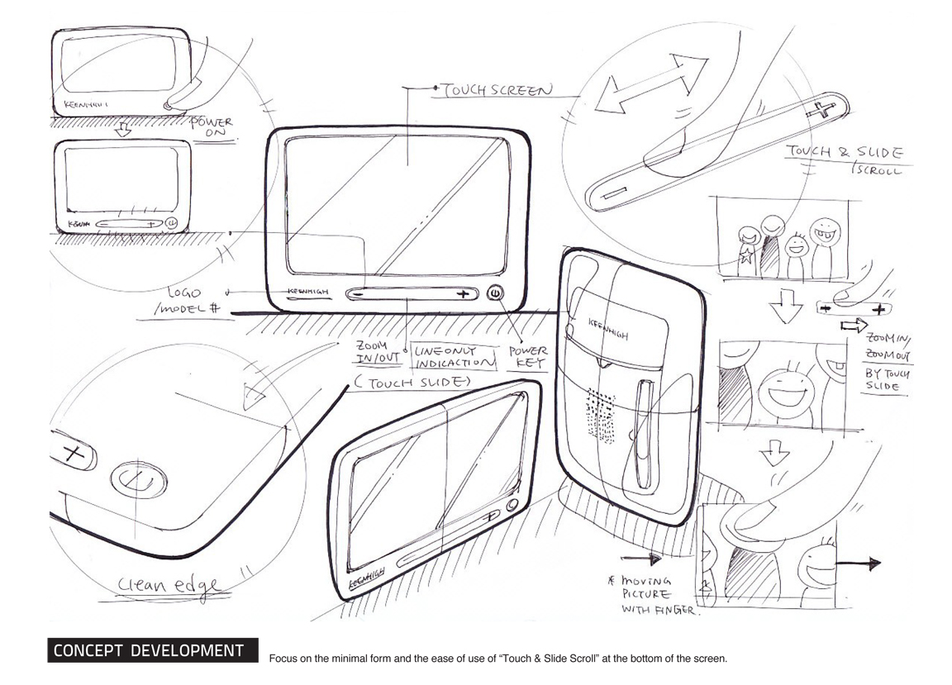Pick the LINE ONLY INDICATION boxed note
click(451, 356)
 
